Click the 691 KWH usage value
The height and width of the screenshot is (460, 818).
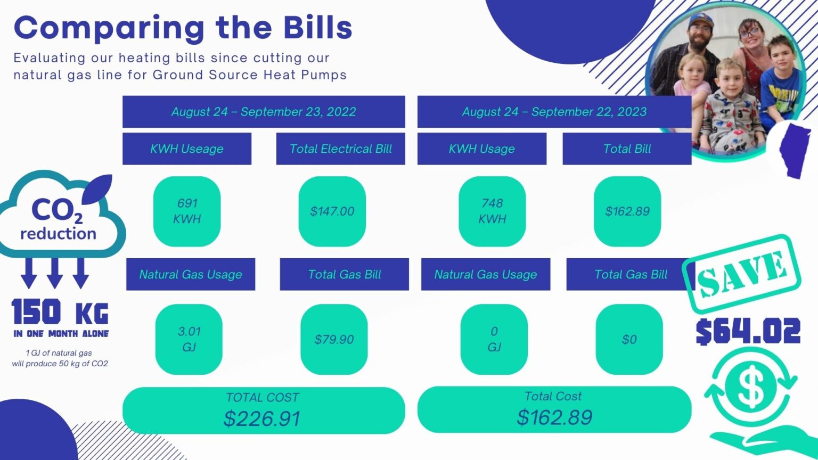[x=187, y=211]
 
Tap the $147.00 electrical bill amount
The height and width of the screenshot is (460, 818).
[x=332, y=211]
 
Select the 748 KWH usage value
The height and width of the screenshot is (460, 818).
[x=492, y=211]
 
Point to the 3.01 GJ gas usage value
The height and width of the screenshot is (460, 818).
[x=189, y=339]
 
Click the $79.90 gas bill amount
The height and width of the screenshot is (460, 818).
[x=334, y=339]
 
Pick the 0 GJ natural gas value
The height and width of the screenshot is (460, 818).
[x=494, y=339]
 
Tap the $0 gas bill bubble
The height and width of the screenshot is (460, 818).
[x=629, y=339]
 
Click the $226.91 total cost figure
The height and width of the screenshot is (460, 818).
[x=262, y=418]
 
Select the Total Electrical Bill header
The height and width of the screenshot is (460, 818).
[x=340, y=149]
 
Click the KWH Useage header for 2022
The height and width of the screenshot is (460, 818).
[x=186, y=149]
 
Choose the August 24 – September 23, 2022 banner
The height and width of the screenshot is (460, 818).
[x=264, y=111]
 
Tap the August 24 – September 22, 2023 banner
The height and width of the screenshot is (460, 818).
[x=554, y=111]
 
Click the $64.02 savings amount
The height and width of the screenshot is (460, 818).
[x=748, y=332]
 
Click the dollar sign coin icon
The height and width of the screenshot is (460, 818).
[x=751, y=387]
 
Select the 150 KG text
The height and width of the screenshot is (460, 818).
[x=60, y=311]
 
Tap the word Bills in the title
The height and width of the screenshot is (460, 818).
[x=318, y=27]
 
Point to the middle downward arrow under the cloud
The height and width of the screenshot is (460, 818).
[x=55, y=273]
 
